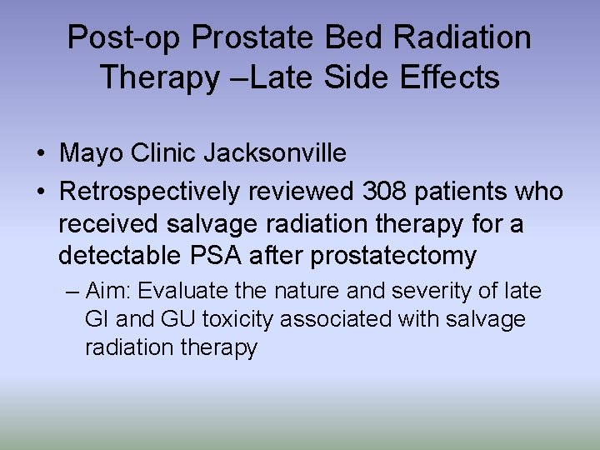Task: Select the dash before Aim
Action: (x=72, y=292)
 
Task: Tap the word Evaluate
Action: (x=182, y=292)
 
